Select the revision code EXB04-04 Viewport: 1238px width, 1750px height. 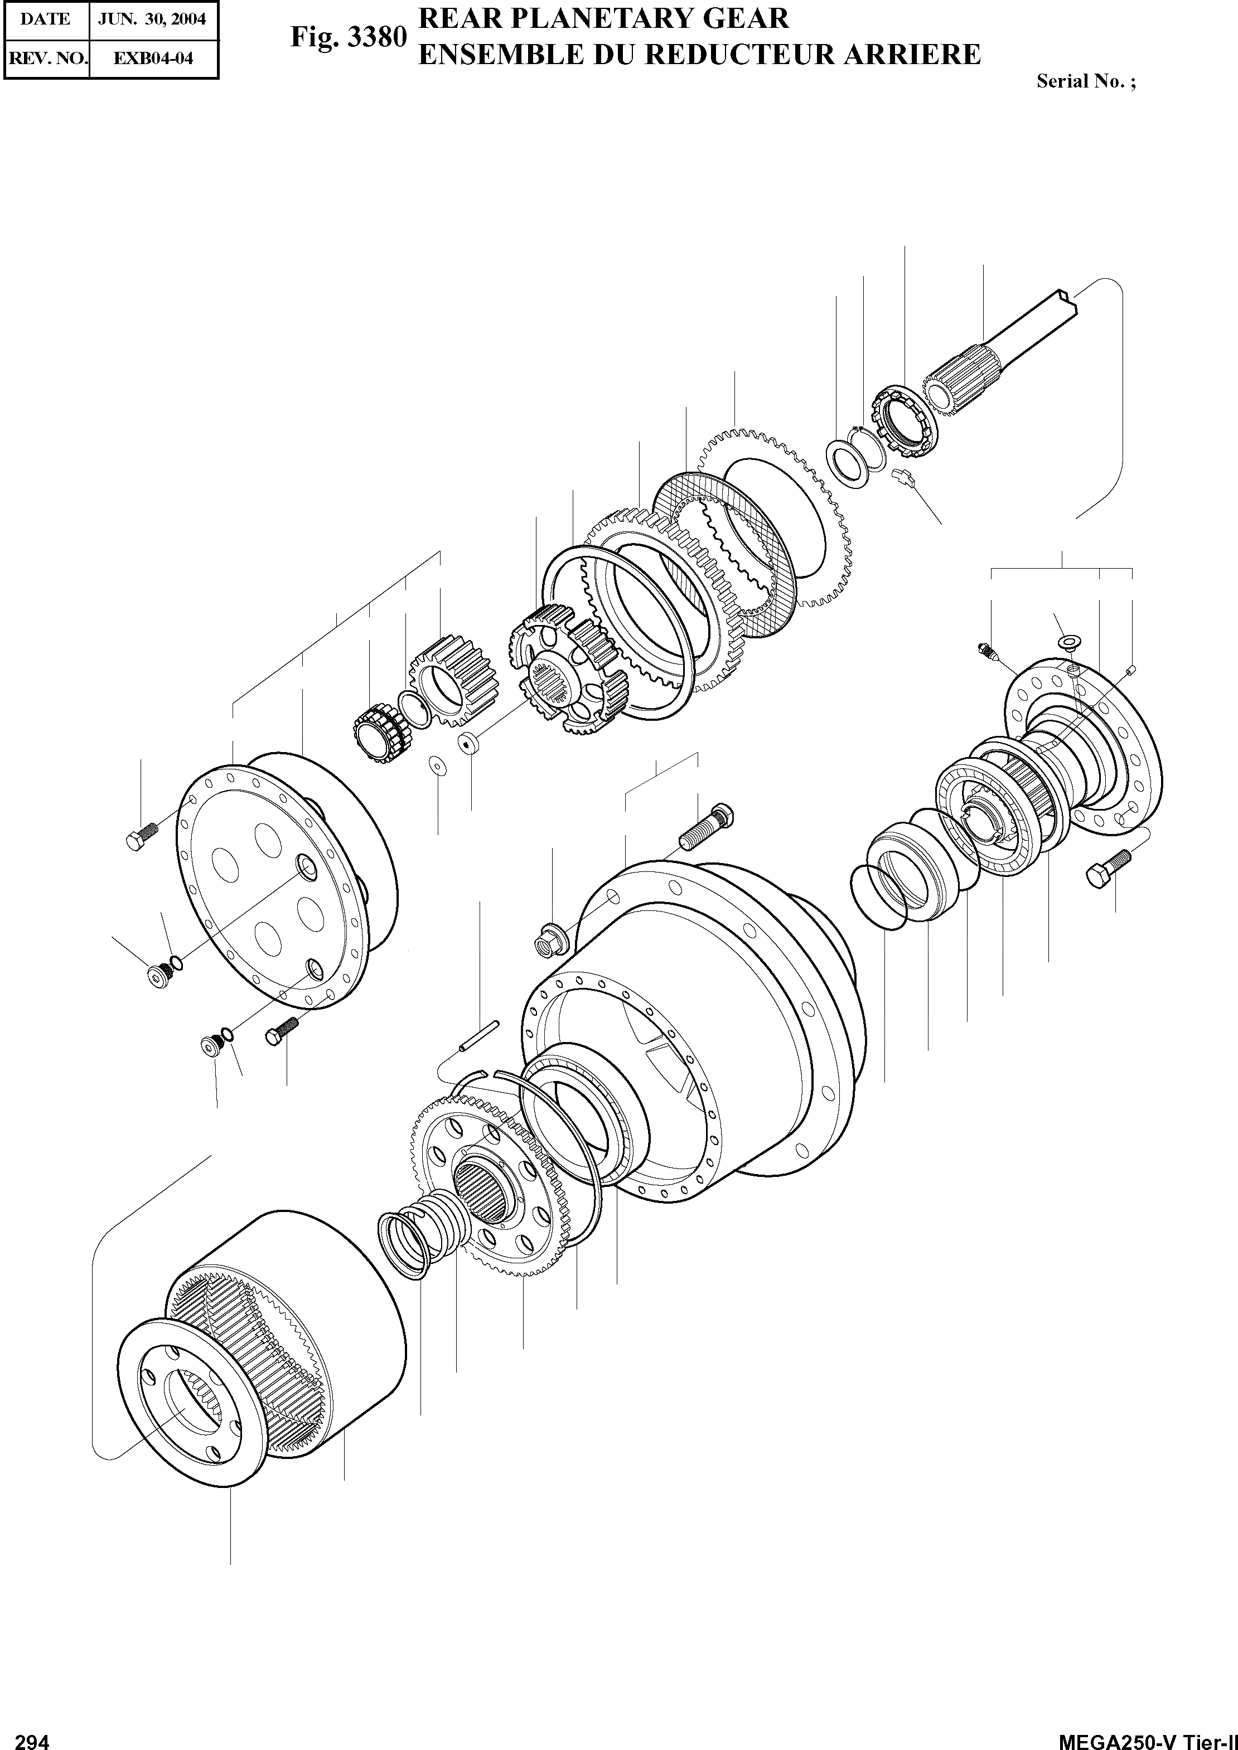pos(153,59)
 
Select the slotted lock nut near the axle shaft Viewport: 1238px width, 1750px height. pos(906,423)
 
